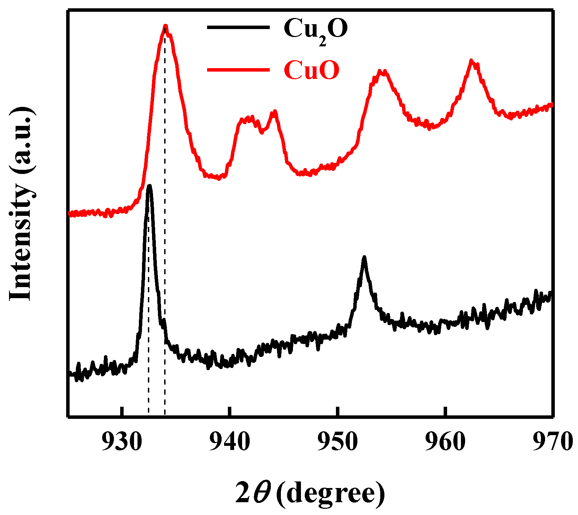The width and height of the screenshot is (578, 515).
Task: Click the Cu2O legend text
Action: point(315,29)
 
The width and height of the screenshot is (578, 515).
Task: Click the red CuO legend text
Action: point(311,70)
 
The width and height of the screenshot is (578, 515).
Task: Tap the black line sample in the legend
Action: point(238,27)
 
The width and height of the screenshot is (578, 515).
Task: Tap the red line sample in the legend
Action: point(238,70)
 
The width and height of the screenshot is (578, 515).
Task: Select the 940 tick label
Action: point(230,442)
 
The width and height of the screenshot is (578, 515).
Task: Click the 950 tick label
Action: point(337,442)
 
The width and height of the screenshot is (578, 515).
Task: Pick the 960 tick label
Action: point(445,442)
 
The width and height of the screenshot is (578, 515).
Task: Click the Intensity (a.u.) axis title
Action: point(21,204)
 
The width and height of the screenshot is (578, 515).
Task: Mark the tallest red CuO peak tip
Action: point(166,26)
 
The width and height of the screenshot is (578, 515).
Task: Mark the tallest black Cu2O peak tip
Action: point(149,186)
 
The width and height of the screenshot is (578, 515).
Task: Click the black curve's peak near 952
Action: point(364,257)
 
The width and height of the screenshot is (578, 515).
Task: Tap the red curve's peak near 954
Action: point(381,71)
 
